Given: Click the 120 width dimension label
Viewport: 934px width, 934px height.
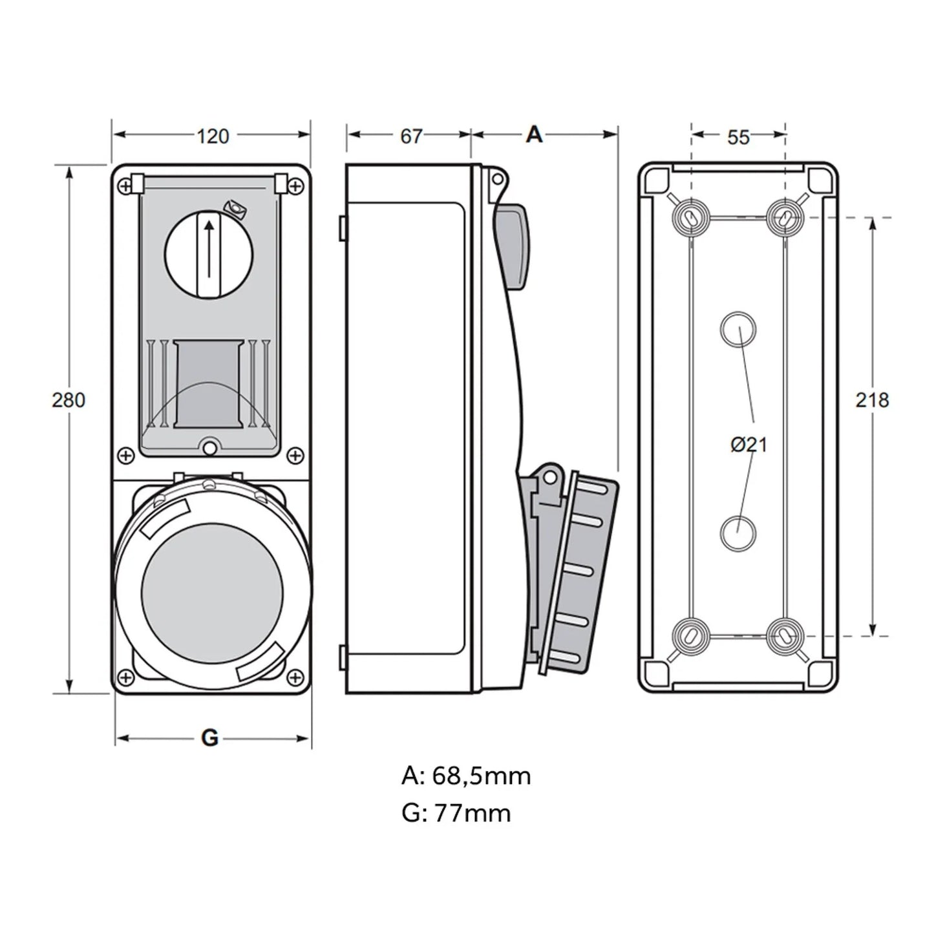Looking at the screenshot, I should click(x=213, y=136).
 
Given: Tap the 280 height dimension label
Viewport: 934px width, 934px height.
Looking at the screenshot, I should click(x=69, y=400).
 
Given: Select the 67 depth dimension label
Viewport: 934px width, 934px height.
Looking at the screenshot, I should click(x=411, y=136).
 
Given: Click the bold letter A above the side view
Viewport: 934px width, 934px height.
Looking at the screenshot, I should click(x=534, y=134).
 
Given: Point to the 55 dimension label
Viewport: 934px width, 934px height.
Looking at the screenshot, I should click(x=738, y=138).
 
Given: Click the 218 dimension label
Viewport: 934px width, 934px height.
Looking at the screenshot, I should click(x=872, y=400).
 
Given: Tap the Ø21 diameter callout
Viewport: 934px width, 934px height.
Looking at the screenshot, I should click(x=748, y=445).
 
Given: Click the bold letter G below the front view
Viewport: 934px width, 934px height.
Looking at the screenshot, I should click(x=209, y=738).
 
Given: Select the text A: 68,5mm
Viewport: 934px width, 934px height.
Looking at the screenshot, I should click(x=466, y=775).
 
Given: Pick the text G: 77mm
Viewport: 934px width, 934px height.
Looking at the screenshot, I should click(x=456, y=812).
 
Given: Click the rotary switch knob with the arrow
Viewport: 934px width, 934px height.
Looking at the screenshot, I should click(x=209, y=254).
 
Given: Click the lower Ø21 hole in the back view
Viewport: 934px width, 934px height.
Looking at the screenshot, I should click(x=738, y=534).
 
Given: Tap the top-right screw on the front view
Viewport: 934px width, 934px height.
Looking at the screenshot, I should click(x=295, y=186).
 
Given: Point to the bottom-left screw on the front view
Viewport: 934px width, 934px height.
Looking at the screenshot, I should click(x=126, y=677).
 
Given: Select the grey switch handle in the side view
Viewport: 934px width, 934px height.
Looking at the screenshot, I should click(x=512, y=246).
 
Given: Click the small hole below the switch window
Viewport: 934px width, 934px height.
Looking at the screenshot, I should click(x=209, y=447).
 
